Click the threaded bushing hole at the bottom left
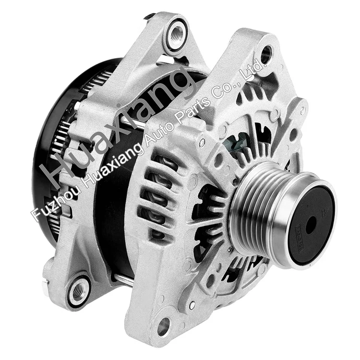pyautogui.click(x=78, y=289)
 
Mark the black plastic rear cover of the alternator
pyautogui.click(x=53, y=144)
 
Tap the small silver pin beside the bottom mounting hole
pyautogui.click(x=192, y=306)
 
